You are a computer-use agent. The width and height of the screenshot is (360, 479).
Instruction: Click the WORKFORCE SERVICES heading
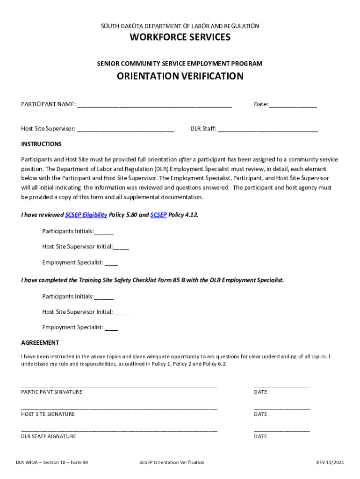tap(180, 37)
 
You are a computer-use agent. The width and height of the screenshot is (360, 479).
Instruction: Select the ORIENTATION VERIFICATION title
tap(180, 76)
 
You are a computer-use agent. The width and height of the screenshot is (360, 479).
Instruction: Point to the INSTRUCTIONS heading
tap(41, 144)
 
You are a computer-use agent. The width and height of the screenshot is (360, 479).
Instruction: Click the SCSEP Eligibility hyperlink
tap(86, 215)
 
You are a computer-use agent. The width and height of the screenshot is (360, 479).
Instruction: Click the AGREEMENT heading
tap(40, 343)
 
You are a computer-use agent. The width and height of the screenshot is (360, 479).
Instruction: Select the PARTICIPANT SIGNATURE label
tap(51, 392)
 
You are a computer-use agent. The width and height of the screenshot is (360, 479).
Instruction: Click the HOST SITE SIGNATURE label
tap(48, 414)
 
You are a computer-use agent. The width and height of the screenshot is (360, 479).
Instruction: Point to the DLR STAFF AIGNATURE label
tap(49, 436)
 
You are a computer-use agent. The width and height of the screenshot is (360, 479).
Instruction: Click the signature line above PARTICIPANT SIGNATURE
tap(119, 386)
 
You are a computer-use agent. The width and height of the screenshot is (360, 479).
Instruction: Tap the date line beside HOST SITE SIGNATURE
tap(281, 409)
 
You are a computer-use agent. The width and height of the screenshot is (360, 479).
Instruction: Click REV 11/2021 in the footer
tap(330, 463)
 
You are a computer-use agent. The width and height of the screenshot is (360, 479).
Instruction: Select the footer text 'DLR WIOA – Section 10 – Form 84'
tap(52, 463)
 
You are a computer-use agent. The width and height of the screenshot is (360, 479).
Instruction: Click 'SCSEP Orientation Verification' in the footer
tap(172, 463)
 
